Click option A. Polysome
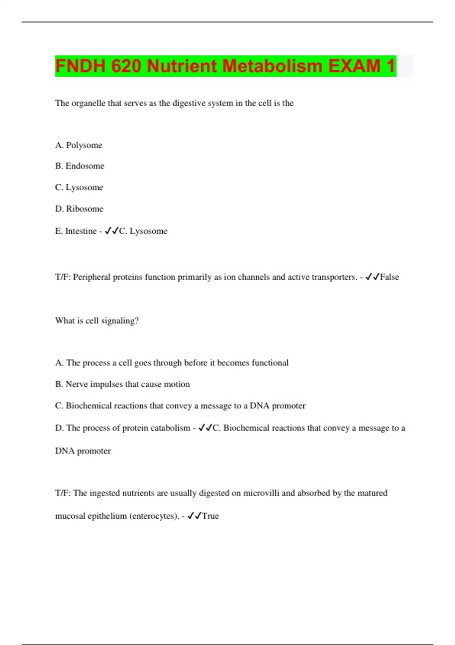78,145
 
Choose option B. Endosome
80,166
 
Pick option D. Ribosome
79,209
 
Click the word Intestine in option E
81,231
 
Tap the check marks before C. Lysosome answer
111,231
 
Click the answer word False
389,277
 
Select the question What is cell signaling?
97,321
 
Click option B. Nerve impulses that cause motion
122,384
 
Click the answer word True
210,516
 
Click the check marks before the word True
195,516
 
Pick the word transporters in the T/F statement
334,277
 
